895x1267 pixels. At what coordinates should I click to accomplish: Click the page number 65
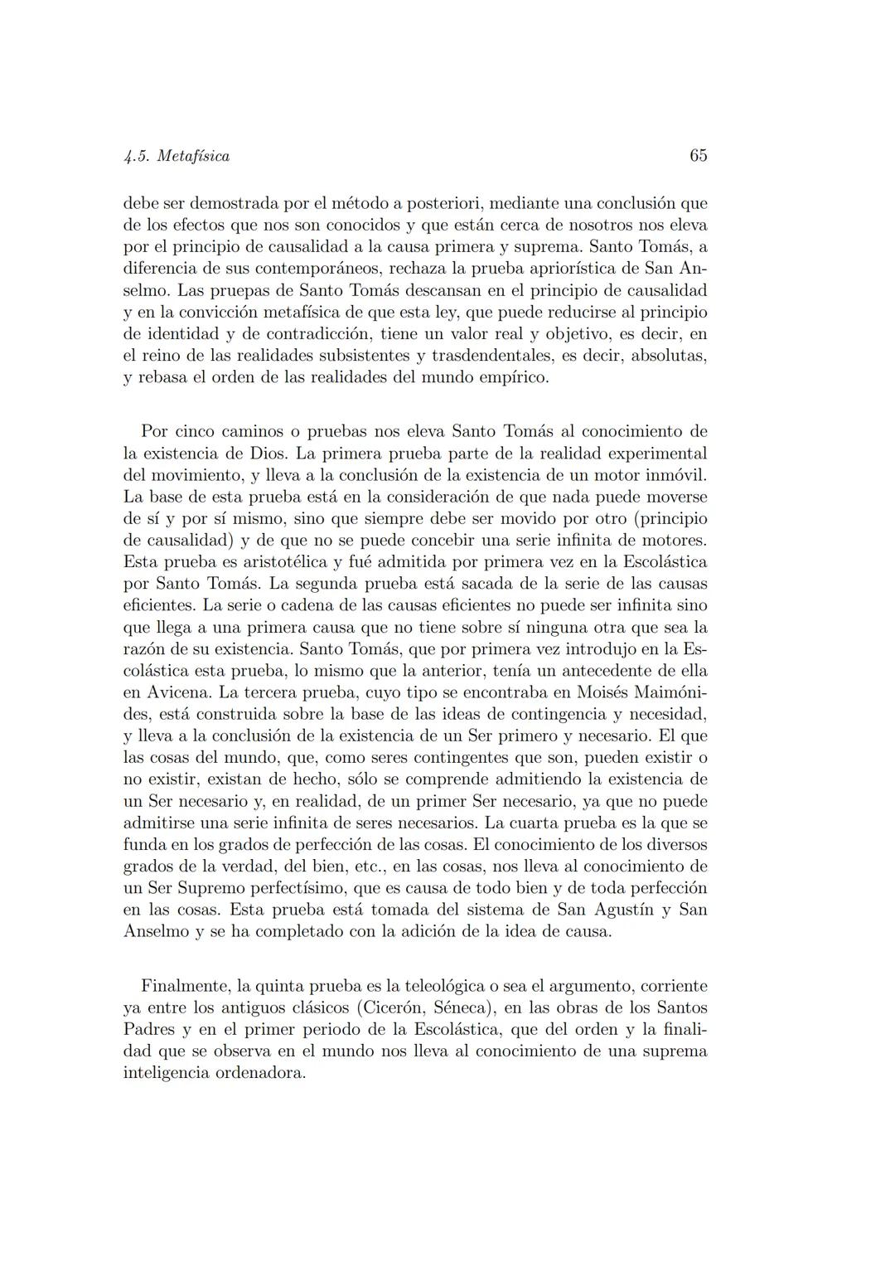[x=698, y=156]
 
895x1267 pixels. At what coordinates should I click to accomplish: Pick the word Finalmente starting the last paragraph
[x=186, y=987]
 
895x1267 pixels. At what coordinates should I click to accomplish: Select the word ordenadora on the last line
[x=264, y=1073]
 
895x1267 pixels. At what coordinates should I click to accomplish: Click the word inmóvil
[x=676, y=476]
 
